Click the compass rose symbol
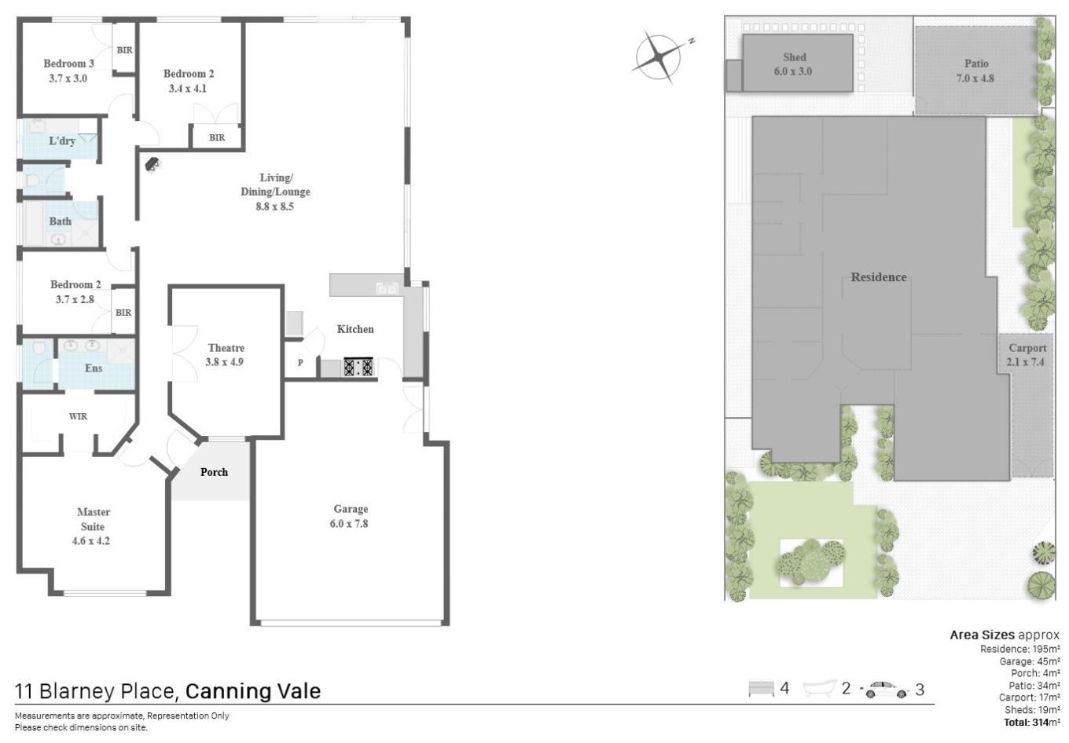659,57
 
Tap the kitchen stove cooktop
358,368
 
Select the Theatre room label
226,348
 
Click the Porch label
214,472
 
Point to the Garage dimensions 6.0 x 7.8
349,524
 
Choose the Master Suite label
93,519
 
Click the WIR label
79,416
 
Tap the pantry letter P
300,362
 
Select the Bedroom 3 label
68,64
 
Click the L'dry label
62,141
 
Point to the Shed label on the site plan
795,57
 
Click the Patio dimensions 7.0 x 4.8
975,79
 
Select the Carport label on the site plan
1027,348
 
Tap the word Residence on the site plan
879,277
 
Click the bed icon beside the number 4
761,689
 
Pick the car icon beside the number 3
885,690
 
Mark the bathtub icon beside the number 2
820,688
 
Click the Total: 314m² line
1032,722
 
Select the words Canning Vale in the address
253,691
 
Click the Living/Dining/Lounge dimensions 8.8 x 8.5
274,207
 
